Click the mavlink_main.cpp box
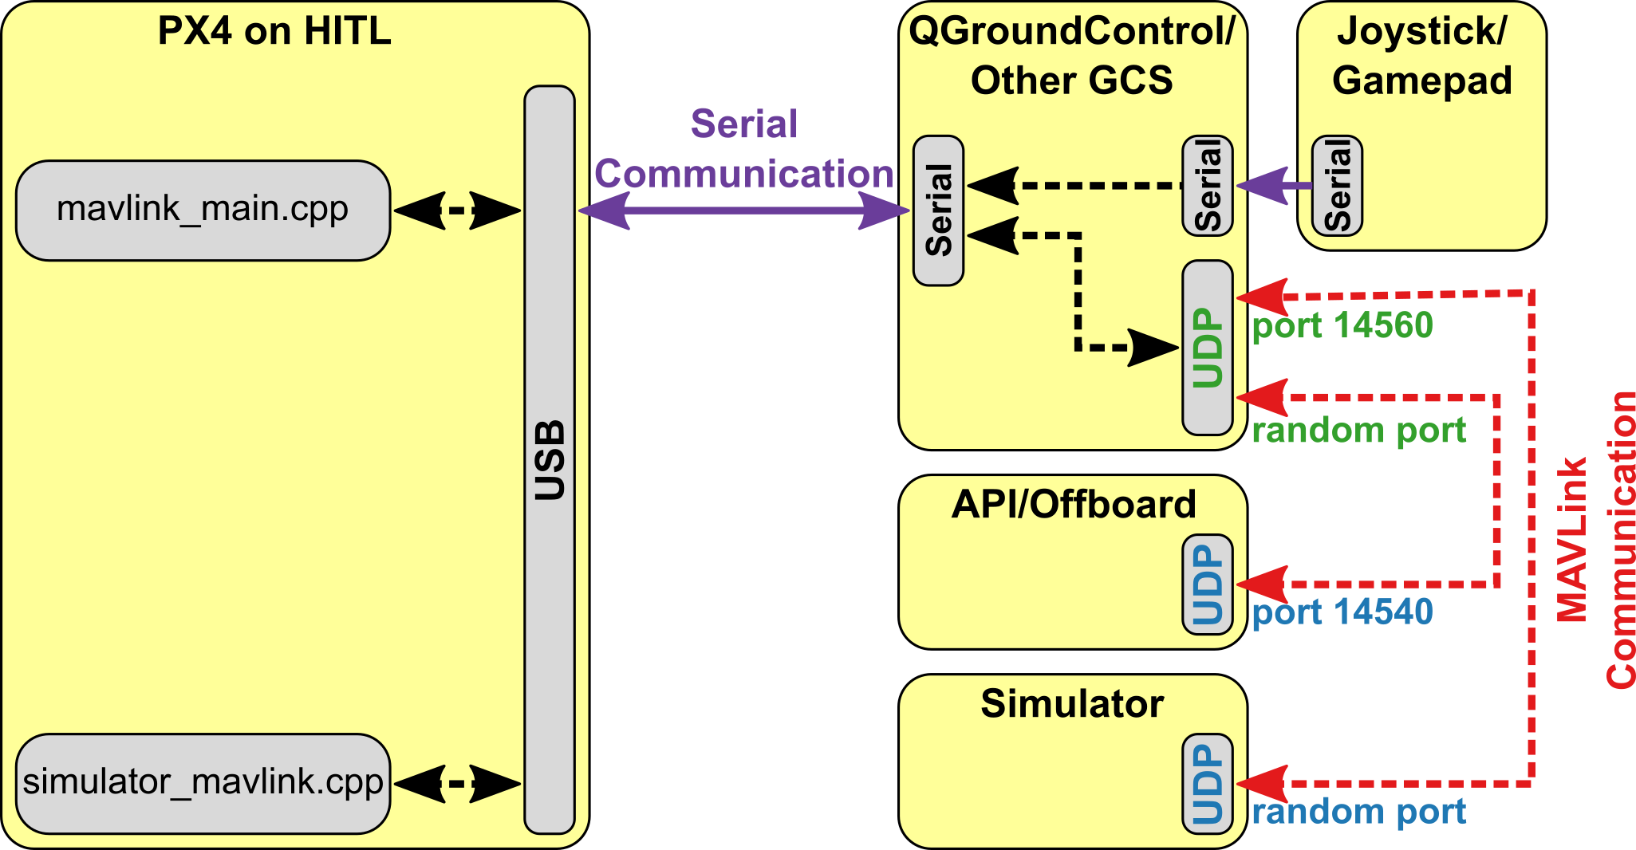[203, 211]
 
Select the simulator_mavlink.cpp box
[203, 783]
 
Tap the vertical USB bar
[550, 459]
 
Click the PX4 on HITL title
[274, 32]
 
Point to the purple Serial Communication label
[743, 149]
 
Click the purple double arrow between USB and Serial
[743, 211]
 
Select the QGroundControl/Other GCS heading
[1072, 56]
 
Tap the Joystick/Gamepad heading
[1422, 56]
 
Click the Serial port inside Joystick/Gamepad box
[1338, 186]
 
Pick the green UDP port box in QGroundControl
[1208, 348]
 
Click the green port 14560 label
[1342, 325]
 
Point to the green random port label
[1358, 431]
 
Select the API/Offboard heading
[1074, 505]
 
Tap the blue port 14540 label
[1342, 612]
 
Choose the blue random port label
[1358, 813]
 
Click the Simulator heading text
[1072, 704]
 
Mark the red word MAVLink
[1572, 539]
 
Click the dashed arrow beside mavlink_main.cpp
[458, 211]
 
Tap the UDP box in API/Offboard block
[1208, 584]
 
